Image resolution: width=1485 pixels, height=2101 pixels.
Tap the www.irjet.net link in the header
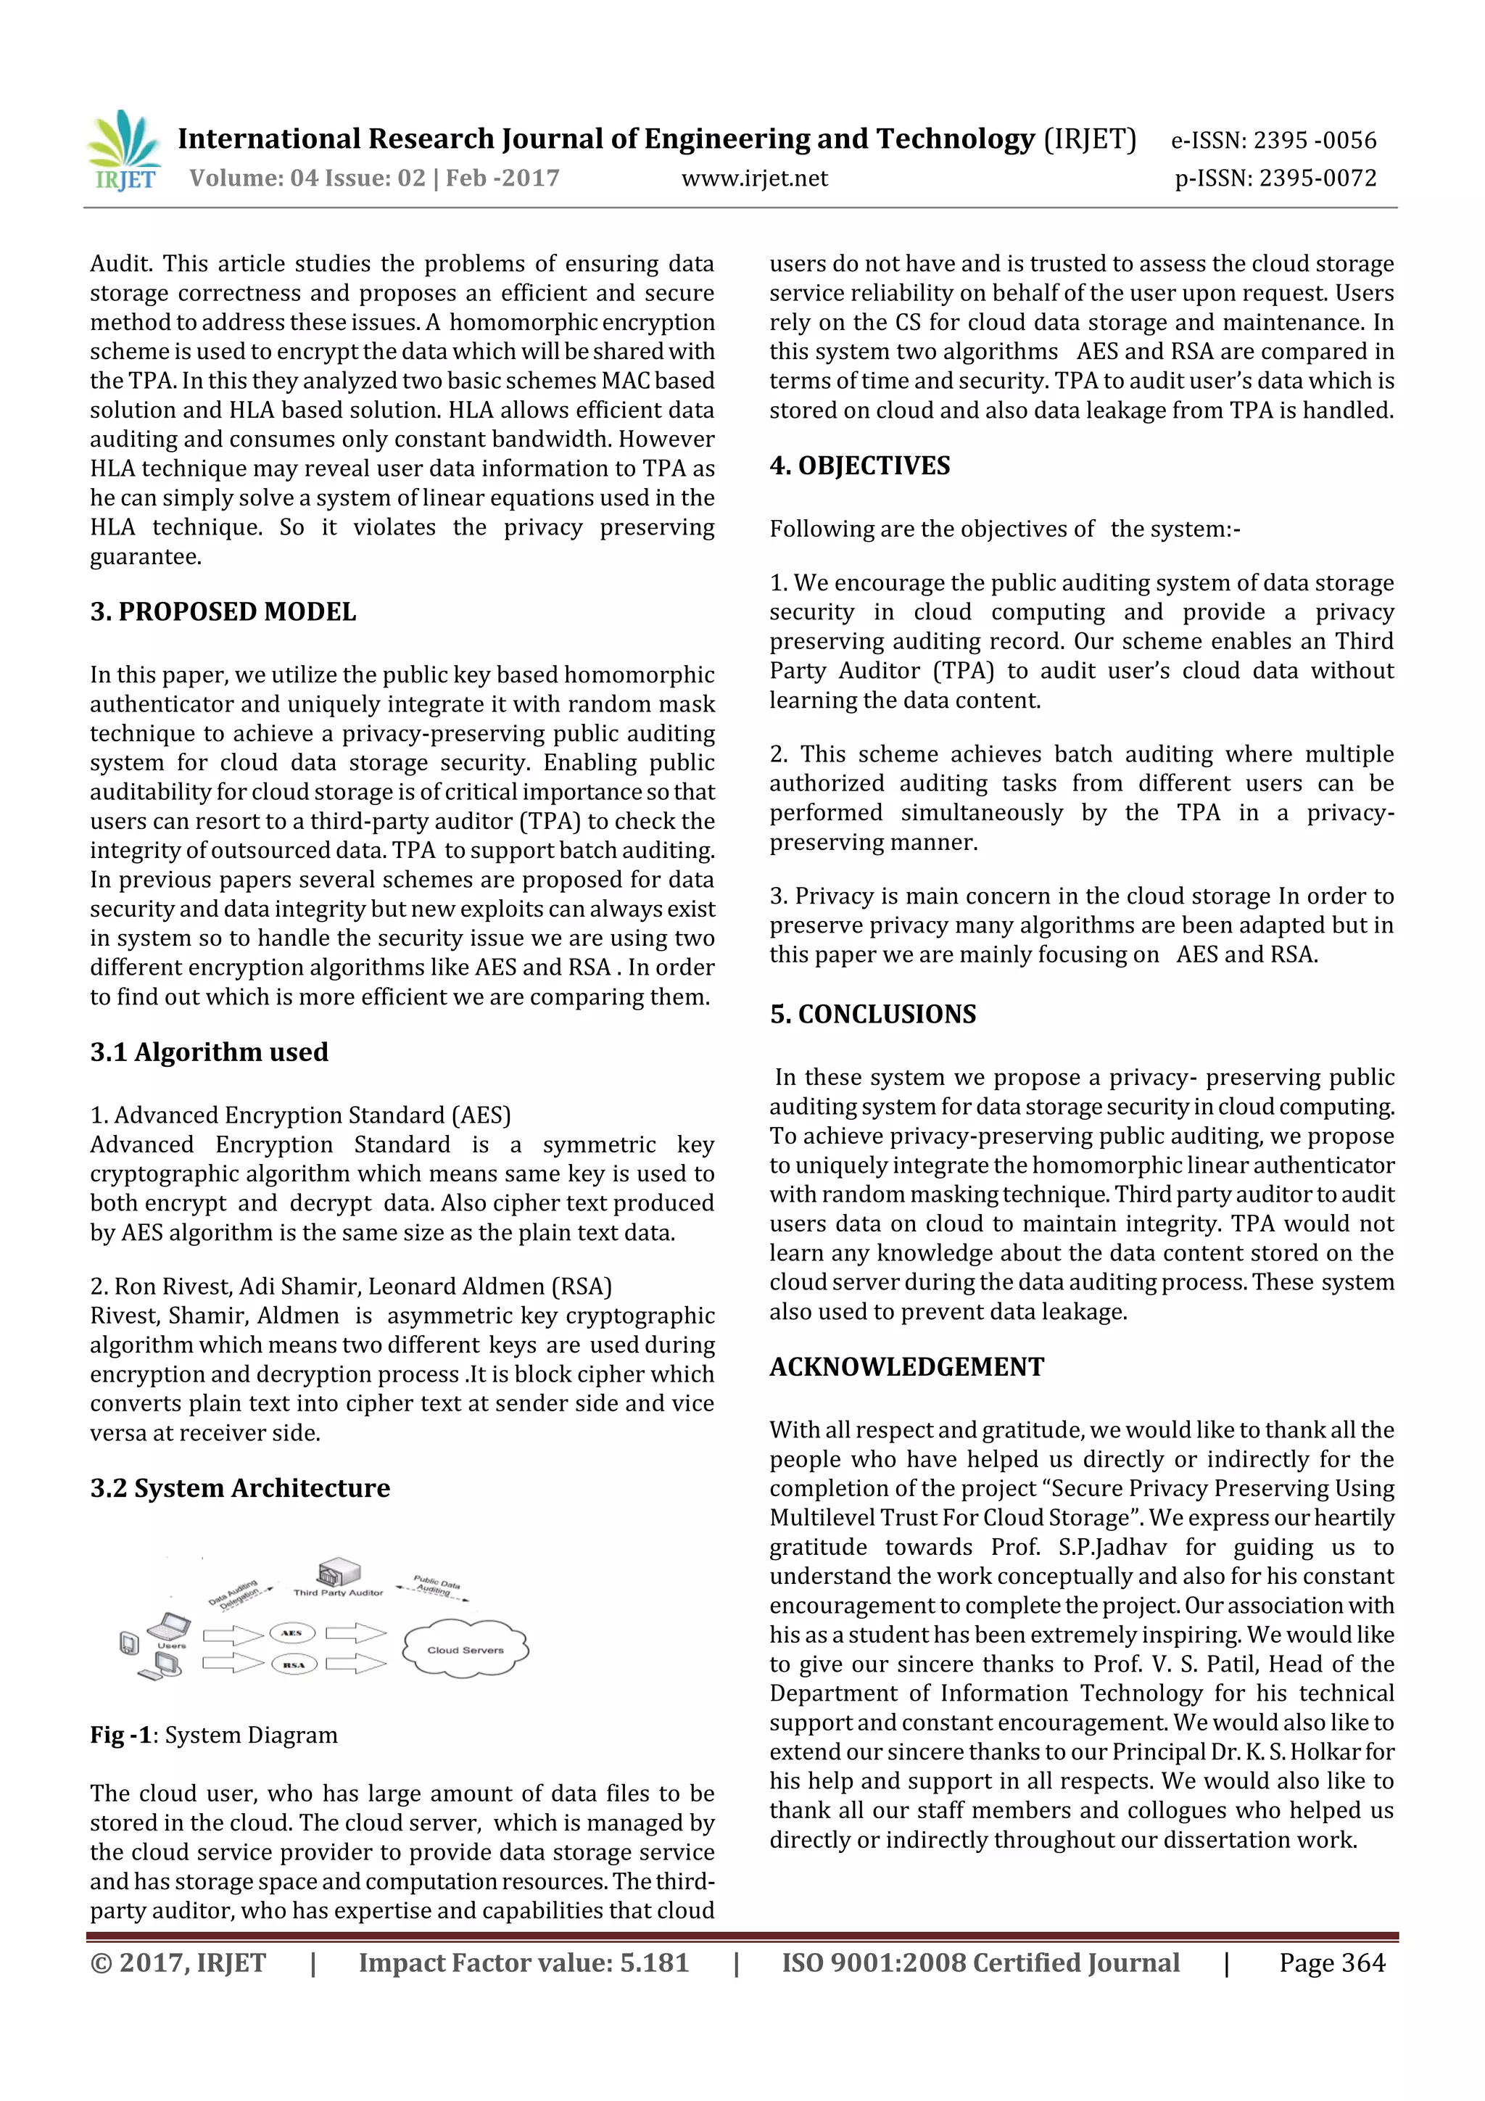click(754, 178)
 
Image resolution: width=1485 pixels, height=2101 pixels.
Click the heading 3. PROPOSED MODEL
click(223, 611)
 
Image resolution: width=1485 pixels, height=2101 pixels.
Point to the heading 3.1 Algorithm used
click(209, 1052)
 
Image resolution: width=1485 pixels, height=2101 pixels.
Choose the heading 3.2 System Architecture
click(240, 1488)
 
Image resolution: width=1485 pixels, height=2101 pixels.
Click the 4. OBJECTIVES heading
click(859, 466)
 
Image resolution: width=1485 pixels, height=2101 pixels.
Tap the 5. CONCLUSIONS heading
click(872, 1014)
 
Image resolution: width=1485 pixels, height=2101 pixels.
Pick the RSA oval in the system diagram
click(293, 1664)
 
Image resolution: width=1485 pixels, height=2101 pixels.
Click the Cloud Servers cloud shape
click(465, 1650)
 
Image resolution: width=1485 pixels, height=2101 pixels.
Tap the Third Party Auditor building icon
click(338, 1573)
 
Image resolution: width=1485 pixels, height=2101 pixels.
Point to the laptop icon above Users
click(170, 1627)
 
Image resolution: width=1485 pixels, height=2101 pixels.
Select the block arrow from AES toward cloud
click(356, 1633)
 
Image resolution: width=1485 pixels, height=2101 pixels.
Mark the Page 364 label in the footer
click(1331, 1962)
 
